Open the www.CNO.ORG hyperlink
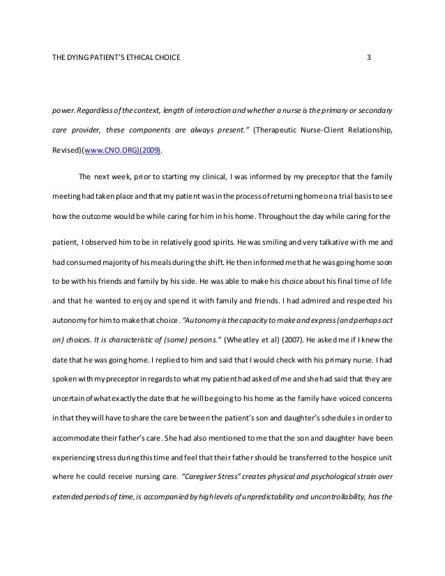click(104, 149)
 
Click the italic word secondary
click(374, 110)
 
